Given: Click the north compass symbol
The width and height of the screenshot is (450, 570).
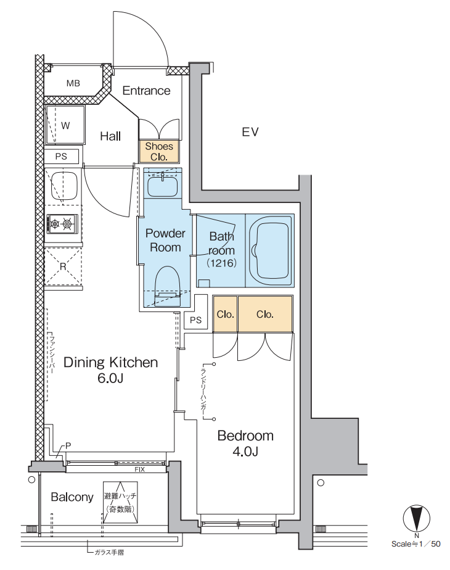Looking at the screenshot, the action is click(x=416, y=518).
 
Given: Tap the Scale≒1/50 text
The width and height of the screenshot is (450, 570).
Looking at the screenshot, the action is click(x=416, y=544).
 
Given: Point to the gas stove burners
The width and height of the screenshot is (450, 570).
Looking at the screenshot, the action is click(x=62, y=224).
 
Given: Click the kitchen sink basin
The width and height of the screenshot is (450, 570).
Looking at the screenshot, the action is click(x=64, y=186).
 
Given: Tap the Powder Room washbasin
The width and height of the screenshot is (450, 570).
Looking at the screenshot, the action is click(x=162, y=186).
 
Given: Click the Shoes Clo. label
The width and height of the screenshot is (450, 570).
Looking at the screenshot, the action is click(x=159, y=152).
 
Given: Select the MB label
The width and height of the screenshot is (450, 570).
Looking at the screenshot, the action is click(x=73, y=83).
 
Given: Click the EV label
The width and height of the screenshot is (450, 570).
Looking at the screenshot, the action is click(x=250, y=131).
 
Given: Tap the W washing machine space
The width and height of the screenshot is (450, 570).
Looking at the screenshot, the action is click(x=65, y=125).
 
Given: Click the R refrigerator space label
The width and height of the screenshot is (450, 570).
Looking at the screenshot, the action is click(x=63, y=266).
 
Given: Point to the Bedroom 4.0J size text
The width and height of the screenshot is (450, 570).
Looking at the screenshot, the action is click(x=245, y=452).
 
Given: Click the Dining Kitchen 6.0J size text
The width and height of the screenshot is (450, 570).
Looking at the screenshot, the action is click(x=110, y=378).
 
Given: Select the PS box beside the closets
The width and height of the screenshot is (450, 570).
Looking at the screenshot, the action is click(x=195, y=320).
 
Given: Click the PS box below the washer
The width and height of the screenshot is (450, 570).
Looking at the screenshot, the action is click(x=62, y=157).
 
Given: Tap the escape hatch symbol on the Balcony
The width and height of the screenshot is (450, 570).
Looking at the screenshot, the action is click(x=120, y=502).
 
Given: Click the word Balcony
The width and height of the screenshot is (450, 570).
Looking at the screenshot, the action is click(x=72, y=497).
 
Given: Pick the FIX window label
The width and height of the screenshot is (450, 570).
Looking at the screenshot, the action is click(x=139, y=469).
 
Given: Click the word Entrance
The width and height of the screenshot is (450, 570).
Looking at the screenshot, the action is click(x=146, y=91).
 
